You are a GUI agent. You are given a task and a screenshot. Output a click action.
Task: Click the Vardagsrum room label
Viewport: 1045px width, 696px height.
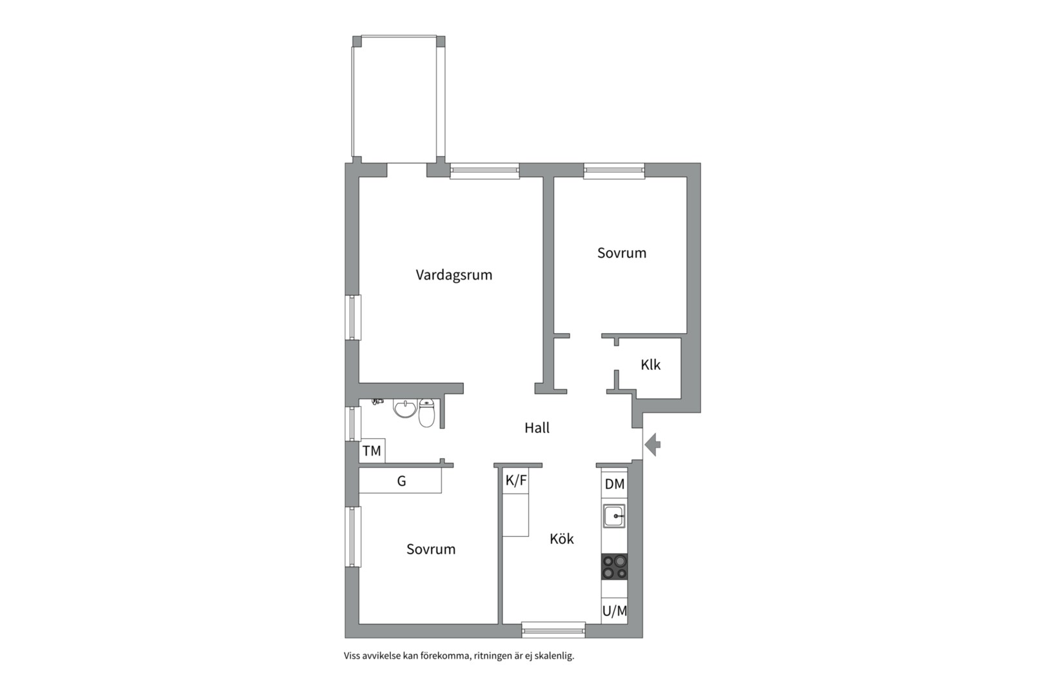(x=454, y=275)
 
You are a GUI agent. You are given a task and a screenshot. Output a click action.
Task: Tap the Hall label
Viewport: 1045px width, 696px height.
(x=537, y=428)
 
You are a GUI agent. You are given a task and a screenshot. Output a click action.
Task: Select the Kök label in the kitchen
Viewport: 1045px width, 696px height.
(x=562, y=539)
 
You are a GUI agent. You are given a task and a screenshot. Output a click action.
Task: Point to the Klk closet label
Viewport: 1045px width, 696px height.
(x=650, y=365)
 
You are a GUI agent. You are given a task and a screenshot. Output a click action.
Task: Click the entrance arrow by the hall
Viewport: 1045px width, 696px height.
(x=653, y=444)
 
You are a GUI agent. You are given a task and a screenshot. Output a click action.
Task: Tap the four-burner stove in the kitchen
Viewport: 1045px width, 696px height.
(x=614, y=566)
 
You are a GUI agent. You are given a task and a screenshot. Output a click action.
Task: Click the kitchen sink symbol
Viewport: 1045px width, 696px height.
(x=614, y=516)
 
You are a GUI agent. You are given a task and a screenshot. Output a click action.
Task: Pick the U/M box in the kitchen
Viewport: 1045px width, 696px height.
(x=614, y=611)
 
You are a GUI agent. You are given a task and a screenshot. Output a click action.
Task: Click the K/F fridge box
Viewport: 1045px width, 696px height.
(x=516, y=481)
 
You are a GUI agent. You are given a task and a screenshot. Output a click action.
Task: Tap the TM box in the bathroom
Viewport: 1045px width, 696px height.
(x=372, y=450)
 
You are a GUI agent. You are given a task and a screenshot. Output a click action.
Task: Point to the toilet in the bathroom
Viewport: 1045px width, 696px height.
(x=426, y=412)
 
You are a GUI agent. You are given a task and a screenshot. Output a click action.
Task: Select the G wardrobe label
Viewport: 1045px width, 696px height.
(x=401, y=481)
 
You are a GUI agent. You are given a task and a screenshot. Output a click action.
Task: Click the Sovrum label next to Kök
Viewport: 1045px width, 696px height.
(x=431, y=549)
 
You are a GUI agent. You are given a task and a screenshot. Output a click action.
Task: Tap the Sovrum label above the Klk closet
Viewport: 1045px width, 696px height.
(x=622, y=253)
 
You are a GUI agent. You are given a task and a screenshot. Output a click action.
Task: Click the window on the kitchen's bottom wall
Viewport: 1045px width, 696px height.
(x=553, y=630)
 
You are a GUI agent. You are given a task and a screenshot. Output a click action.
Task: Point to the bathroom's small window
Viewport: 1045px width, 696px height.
(x=353, y=424)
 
